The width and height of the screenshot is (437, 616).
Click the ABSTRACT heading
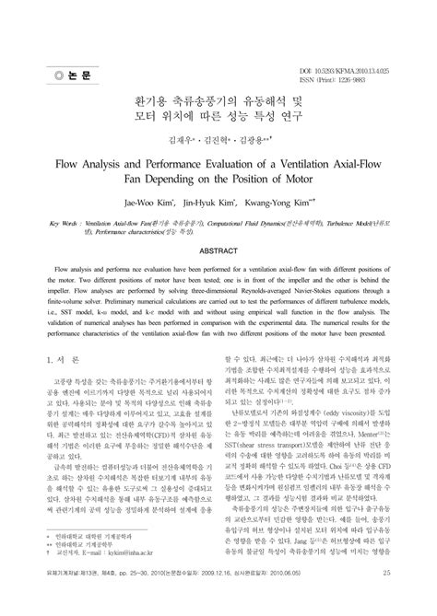pyautogui.click(x=218, y=249)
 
